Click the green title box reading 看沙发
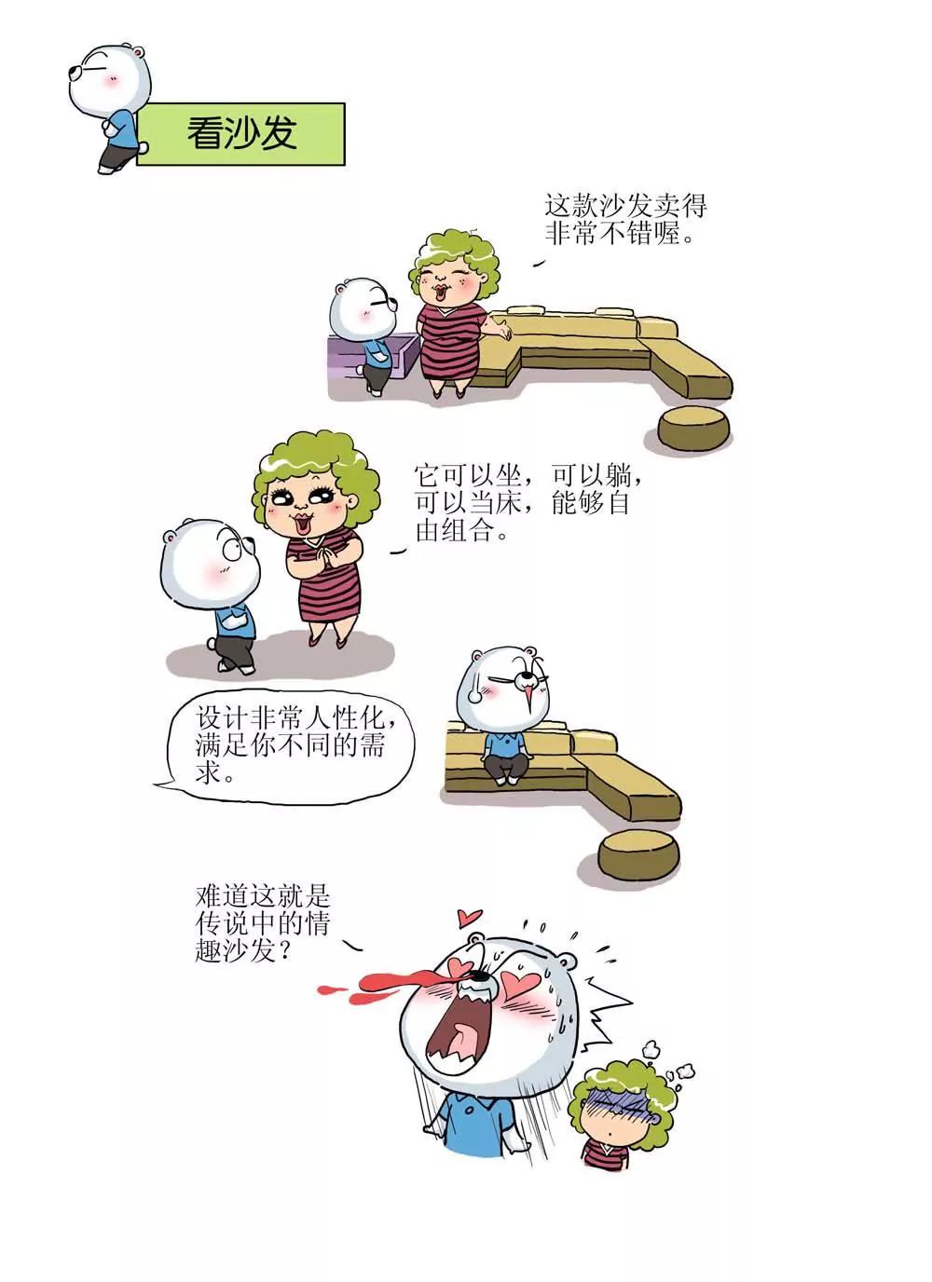coord(240,134)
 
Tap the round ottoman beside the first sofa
coord(693,428)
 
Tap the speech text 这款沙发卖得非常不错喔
coord(625,220)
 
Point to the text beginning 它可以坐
coord(528,504)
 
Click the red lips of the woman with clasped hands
coord(301,524)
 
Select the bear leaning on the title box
coord(109,107)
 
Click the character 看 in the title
coord(204,134)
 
